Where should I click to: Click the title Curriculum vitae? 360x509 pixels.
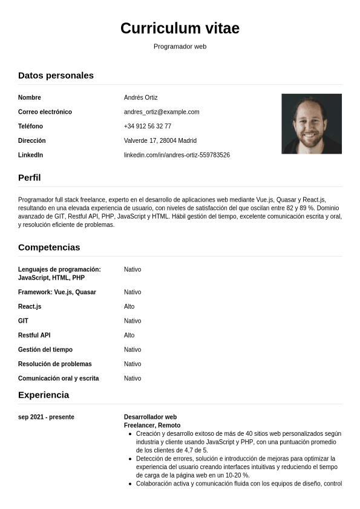(x=180, y=28)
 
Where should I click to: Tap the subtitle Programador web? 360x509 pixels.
(x=180, y=47)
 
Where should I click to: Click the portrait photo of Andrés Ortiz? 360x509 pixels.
(x=312, y=123)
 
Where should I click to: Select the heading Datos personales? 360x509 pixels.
(x=56, y=76)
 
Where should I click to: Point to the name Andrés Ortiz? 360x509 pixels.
(x=140, y=97)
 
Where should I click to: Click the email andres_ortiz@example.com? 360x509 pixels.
(x=162, y=112)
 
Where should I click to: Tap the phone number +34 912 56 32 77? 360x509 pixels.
(x=148, y=126)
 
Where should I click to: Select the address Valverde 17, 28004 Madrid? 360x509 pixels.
(x=160, y=140)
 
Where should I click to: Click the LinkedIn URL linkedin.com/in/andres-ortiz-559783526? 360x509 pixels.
(x=177, y=155)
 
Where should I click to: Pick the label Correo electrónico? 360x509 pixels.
(x=45, y=112)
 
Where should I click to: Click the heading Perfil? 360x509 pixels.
(x=30, y=178)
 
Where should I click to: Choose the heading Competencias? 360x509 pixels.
(x=49, y=248)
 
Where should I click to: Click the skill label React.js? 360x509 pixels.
(x=30, y=307)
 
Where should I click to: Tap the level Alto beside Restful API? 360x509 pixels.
(x=129, y=335)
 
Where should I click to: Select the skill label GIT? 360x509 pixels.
(x=23, y=321)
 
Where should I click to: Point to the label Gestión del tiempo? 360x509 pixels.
(x=45, y=350)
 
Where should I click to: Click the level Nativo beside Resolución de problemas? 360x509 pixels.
(x=133, y=364)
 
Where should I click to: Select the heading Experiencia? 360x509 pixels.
(x=44, y=395)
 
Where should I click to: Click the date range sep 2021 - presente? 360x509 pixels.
(x=46, y=417)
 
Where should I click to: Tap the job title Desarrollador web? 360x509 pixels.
(x=150, y=417)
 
